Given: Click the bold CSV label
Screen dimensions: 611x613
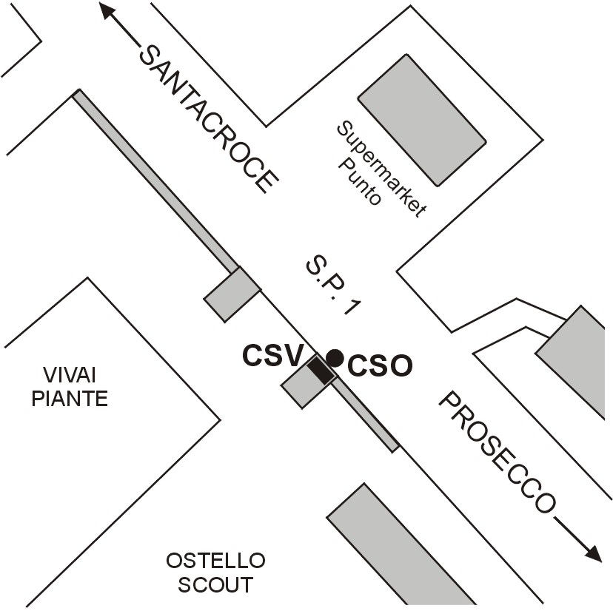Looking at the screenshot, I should point(273,357).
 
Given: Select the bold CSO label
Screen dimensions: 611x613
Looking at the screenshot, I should point(379,366).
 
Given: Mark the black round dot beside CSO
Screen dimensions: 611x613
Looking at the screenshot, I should point(335,358).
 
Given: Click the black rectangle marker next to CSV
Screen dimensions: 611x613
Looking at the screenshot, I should point(321,369).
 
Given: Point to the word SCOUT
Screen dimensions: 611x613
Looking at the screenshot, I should point(215,585).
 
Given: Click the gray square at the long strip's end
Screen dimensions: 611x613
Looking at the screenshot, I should point(232,294).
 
